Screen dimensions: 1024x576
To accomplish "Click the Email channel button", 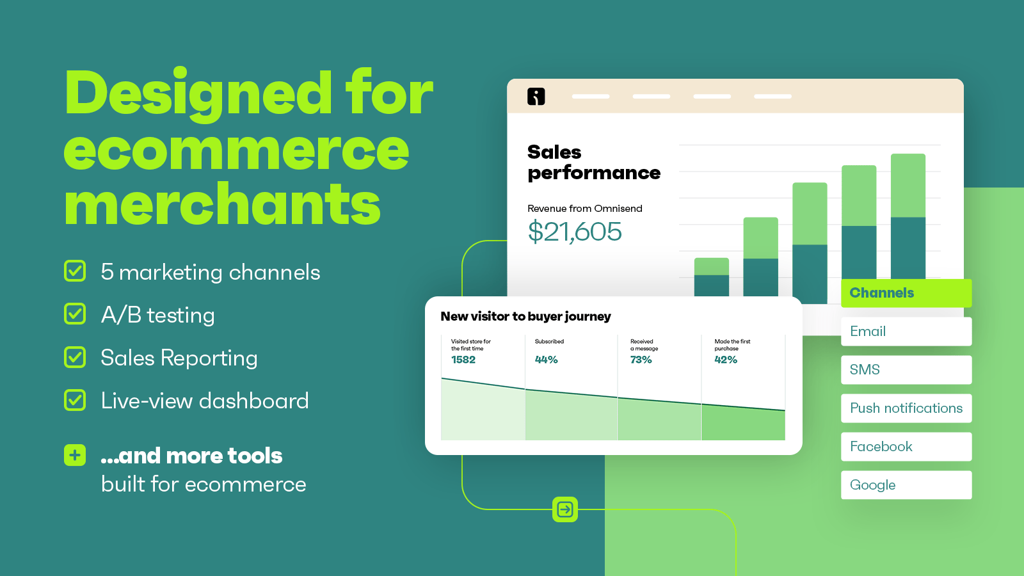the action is (906, 332).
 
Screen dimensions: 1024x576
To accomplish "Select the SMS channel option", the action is (906, 370).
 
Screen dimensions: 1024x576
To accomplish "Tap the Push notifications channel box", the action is (906, 408).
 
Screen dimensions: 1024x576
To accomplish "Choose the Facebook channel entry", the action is (906, 447).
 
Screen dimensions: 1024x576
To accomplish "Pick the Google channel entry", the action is (906, 485).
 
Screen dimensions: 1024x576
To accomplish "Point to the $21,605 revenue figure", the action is (575, 232).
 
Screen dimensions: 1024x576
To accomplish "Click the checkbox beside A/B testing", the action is (75, 314).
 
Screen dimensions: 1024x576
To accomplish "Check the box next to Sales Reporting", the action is (75, 357).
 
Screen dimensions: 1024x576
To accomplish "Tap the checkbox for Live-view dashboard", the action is (75, 400).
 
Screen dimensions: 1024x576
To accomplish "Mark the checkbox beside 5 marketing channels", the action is (75, 271).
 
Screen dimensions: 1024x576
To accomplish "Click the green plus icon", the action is (75, 455).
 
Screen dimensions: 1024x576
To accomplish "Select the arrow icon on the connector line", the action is (565, 509).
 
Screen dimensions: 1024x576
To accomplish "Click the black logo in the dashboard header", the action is (536, 97).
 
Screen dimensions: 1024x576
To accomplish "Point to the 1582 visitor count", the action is (463, 360).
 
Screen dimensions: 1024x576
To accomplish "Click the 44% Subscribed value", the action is (547, 360).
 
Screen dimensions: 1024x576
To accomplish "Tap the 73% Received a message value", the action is (641, 360).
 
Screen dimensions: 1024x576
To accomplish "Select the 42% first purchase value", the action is (726, 360).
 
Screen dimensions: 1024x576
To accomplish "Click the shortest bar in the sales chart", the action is (711, 277).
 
